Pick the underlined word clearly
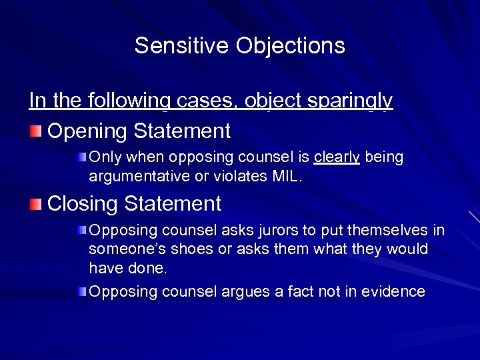tap(337, 157)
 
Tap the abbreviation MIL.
tap(288, 176)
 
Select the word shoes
tap(191, 249)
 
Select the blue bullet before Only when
tap(81, 158)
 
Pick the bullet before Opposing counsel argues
tap(81, 292)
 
